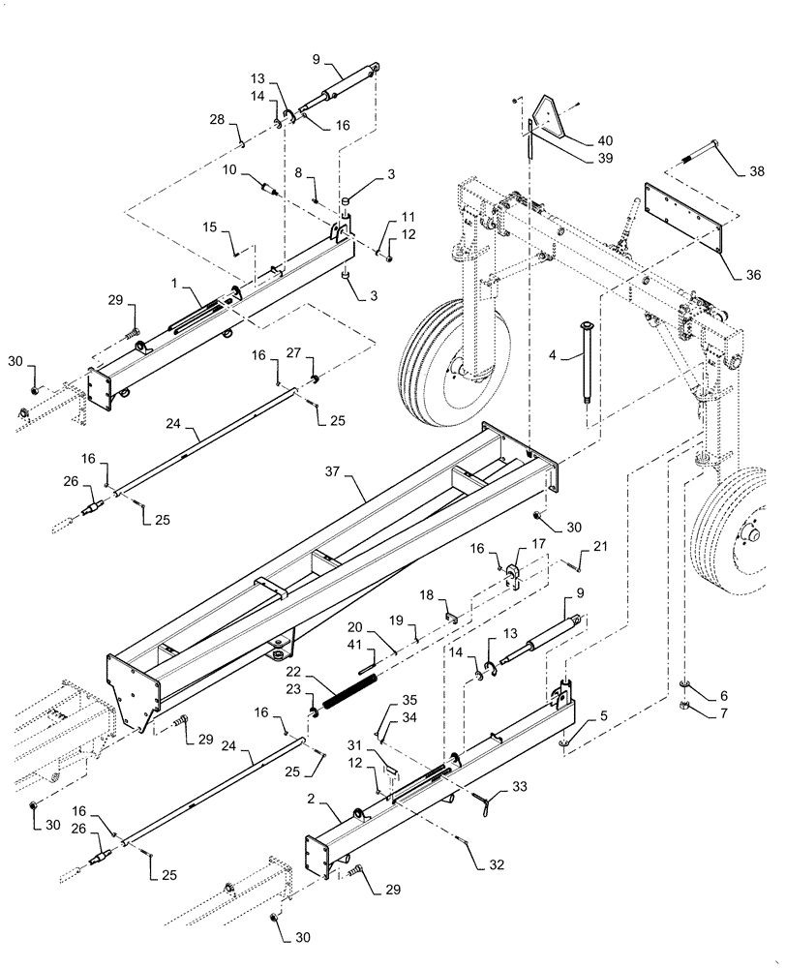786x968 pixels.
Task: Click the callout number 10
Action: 230,169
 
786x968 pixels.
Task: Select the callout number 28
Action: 217,119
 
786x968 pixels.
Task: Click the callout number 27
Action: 293,354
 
